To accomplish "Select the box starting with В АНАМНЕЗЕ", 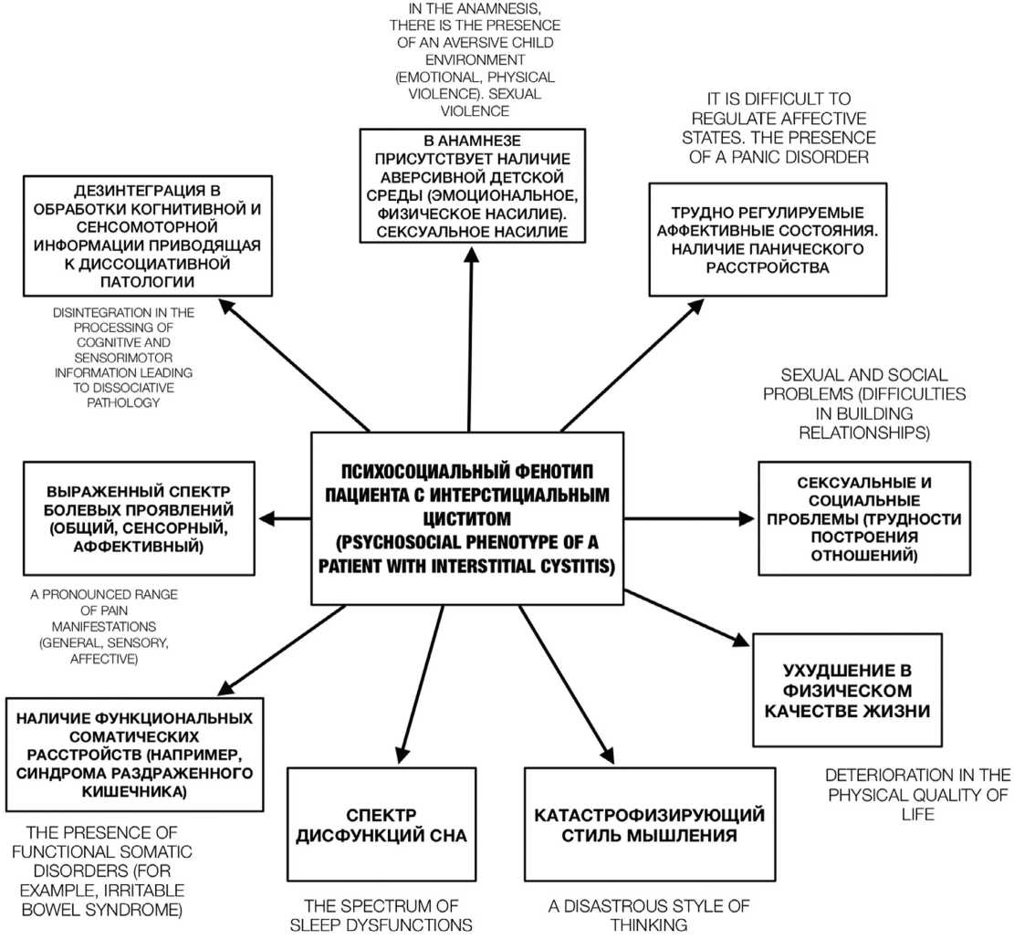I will coord(470,184).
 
